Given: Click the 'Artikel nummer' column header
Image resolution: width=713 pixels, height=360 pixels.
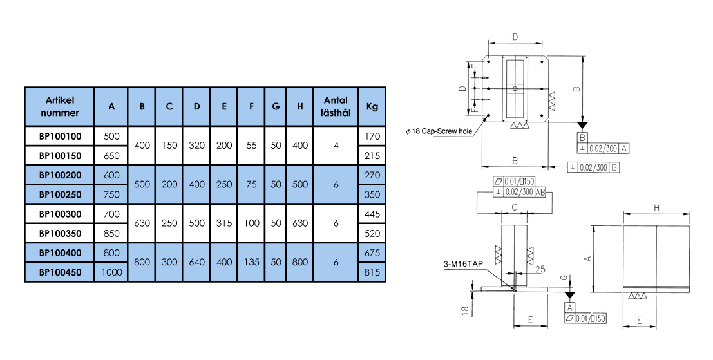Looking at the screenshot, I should pos(59,106).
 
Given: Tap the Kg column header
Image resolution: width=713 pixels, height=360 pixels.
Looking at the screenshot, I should pos(372,106).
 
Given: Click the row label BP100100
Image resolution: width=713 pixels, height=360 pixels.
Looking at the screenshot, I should pos(59,136).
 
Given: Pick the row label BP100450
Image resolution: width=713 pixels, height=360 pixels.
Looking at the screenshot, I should pos(59,272).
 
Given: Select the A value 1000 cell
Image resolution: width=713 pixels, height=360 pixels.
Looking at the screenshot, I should pos(111,272).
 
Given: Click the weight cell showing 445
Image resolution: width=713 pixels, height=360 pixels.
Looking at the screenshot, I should pos(372,214).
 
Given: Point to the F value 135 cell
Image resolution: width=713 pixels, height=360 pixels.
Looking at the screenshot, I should pos(251,262).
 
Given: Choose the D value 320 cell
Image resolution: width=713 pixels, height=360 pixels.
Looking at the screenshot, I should pos(196,146).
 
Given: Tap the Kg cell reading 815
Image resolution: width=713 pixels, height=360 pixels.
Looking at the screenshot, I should pos(372,272).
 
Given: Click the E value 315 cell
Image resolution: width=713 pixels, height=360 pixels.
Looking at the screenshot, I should pos(223,223).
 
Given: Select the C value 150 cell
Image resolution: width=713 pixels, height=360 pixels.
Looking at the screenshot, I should pos(169,146).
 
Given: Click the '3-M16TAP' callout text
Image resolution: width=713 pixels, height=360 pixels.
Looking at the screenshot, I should pos(462,263).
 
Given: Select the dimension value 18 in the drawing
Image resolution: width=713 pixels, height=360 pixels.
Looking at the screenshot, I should pos(465,310).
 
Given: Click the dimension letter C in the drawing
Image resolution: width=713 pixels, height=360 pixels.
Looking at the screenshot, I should pos(514,207).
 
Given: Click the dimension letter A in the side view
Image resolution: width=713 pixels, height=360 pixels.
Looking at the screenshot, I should pos(587,258).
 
